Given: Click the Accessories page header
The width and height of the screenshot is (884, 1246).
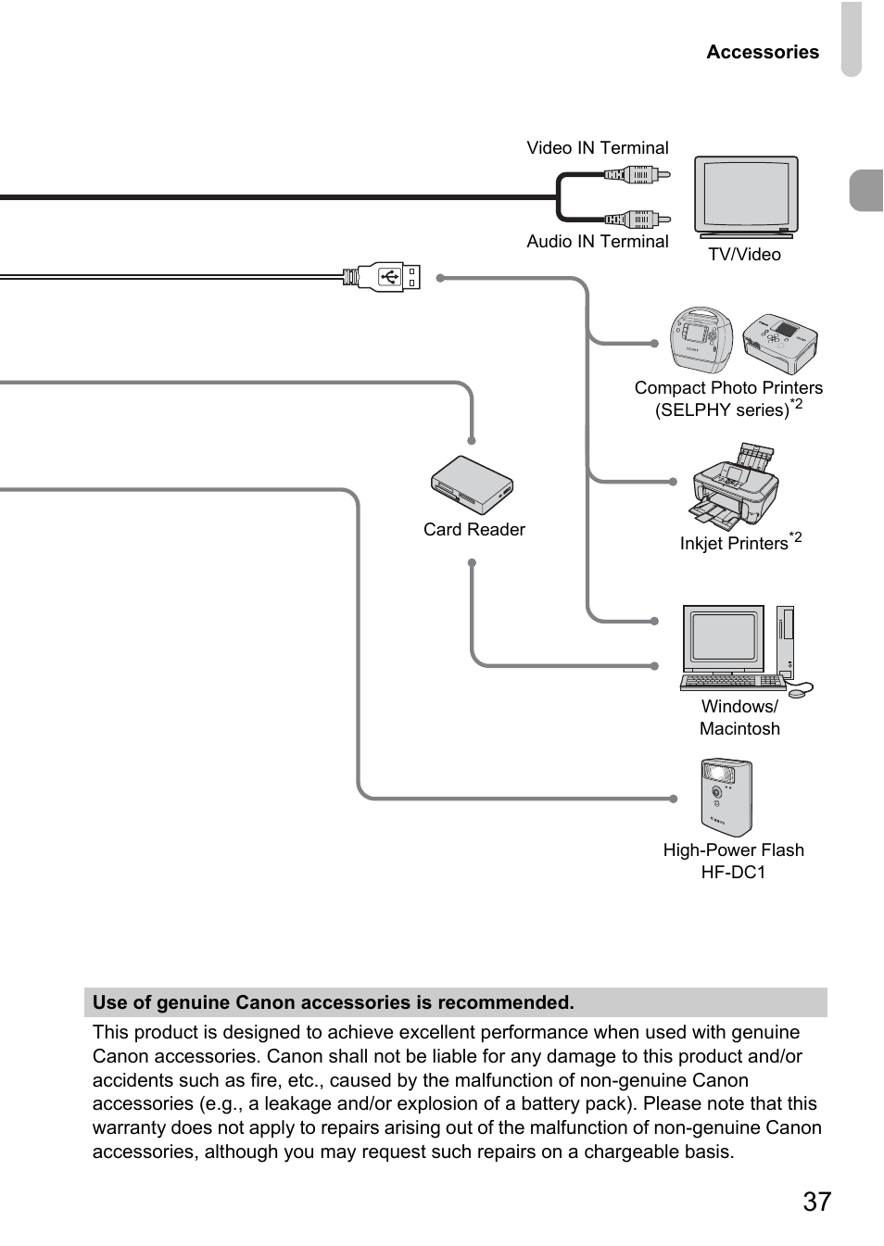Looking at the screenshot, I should click(x=762, y=52).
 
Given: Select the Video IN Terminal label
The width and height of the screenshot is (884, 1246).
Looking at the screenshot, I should click(x=597, y=148).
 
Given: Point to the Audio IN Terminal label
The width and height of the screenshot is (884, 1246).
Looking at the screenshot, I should click(x=597, y=242).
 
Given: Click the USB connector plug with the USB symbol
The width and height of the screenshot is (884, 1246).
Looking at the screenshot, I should click(x=389, y=277).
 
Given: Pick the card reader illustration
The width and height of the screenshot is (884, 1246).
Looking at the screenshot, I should click(x=472, y=485).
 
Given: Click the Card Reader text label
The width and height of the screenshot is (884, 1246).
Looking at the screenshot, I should click(x=474, y=530).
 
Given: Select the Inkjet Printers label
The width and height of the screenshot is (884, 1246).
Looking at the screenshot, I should click(x=734, y=544).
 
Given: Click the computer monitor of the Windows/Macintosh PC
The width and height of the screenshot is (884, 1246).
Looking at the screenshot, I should click(x=724, y=638).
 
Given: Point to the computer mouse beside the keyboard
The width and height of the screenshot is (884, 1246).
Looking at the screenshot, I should click(x=800, y=689).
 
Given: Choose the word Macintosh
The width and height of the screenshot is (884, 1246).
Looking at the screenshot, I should click(x=739, y=729).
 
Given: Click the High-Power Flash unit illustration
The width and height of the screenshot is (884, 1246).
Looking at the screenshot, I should click(x=726, y=798).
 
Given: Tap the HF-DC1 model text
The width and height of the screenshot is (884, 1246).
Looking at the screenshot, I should click(x=733, y=873).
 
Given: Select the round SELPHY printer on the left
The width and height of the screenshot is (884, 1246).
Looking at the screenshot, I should click(x=701, y=340).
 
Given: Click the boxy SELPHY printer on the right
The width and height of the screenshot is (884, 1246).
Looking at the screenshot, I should click(x=780, y=343).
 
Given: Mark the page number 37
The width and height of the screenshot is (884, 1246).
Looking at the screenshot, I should click(x=816, y=1202).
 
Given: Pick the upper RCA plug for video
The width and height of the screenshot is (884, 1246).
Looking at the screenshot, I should click(x=638, y=173).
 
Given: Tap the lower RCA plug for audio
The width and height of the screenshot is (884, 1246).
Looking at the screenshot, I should click(x=638, y=220).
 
